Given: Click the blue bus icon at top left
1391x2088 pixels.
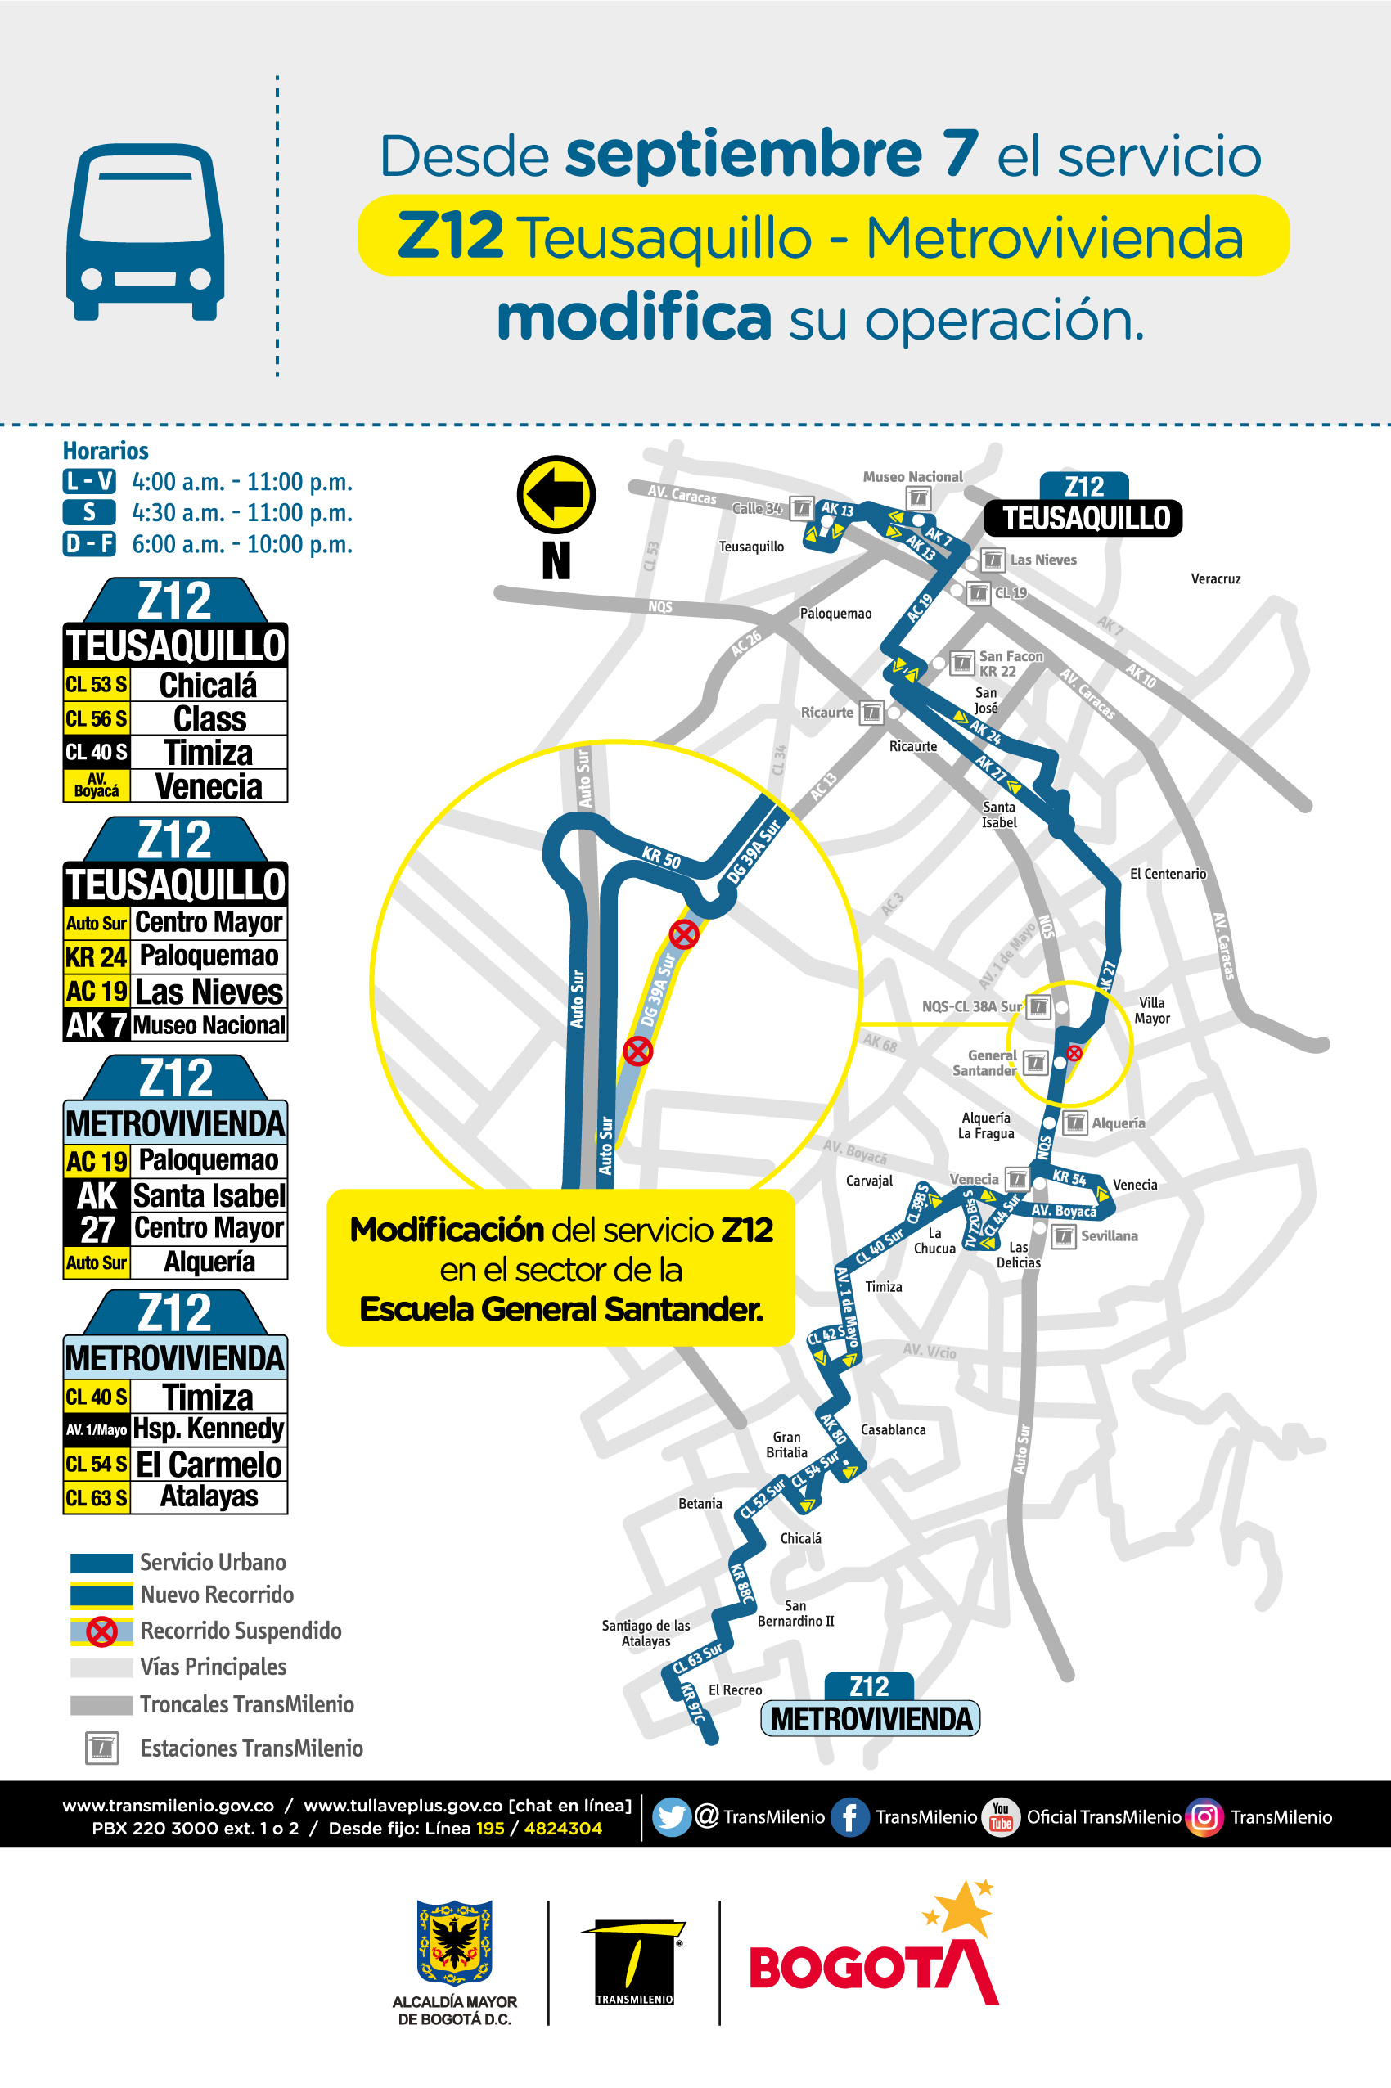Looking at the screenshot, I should pos(146,232).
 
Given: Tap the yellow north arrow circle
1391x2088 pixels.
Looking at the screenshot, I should pos(556,494).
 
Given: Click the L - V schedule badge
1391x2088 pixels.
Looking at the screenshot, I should pos(88,482).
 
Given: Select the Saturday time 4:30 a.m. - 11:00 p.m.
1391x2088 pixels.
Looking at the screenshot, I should pos(242,513).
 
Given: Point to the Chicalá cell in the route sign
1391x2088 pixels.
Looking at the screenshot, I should pos(209,685).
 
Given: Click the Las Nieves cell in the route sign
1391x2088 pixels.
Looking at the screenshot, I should pos(209,991).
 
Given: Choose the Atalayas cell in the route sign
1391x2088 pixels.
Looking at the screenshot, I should pos(209,1496).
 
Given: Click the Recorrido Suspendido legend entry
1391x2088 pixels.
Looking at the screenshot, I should pos(241,1631).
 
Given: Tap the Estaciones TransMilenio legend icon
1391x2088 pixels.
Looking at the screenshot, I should pos(102,1748).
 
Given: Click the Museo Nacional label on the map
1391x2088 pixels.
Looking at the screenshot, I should pos(912,477).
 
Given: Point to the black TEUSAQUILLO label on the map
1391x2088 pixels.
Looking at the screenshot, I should pos(1086,518).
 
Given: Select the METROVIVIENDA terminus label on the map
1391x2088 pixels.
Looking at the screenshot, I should pos(871,1718).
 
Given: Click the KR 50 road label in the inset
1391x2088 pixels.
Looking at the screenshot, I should pos(661,857).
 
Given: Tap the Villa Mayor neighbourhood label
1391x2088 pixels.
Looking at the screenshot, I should pos(1151,1010).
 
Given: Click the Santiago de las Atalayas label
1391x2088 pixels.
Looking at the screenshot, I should pos(646,1633).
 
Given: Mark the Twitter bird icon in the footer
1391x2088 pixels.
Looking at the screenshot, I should pos(672,1816).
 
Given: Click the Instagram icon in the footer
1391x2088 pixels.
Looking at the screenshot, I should pos(1204,1816).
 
